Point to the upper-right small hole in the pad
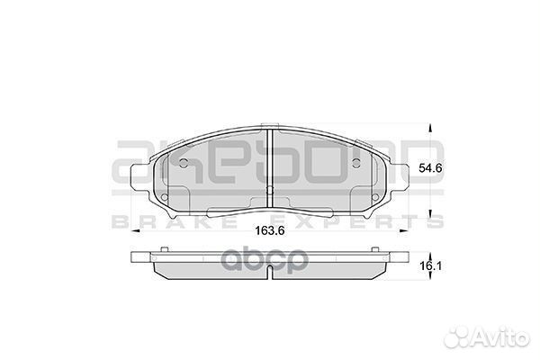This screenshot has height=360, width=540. [x=360, y=163]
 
